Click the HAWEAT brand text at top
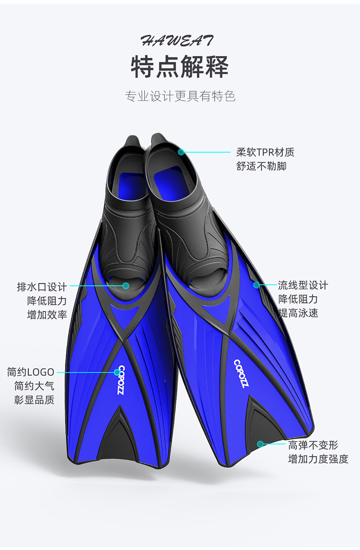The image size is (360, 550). coord(177,41)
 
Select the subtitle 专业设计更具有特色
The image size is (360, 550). coord(180,96)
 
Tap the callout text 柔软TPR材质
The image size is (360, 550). coord(265,152)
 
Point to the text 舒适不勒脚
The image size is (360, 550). coord(261,166)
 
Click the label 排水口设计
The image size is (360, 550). coord(42,287)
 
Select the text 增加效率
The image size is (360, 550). coord(47,314)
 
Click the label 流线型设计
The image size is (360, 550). coord(303,285)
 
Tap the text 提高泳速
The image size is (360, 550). coord(298,313)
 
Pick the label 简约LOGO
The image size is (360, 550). coord(31,372)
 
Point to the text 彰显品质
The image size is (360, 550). coord(34,400)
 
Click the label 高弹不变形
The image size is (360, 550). coord(313,445)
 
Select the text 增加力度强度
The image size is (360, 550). coord(318,459)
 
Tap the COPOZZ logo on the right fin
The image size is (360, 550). coord(241,374)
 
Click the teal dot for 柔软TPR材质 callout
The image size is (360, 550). coord(181,152)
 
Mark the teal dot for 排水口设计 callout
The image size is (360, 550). coord(126,286)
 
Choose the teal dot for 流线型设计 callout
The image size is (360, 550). coord(257,285)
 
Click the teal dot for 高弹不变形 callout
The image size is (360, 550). coord(260,444)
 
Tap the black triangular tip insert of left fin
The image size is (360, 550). coord(118,440)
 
